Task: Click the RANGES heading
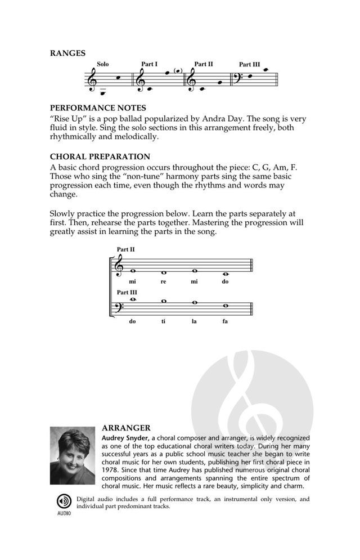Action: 67,53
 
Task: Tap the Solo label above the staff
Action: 102,65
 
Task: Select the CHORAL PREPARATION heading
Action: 100,156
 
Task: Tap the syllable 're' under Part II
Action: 163,281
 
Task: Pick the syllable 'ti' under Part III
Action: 163,321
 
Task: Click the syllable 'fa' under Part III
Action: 225,321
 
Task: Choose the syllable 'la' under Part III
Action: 194,321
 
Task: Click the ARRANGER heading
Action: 126,428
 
